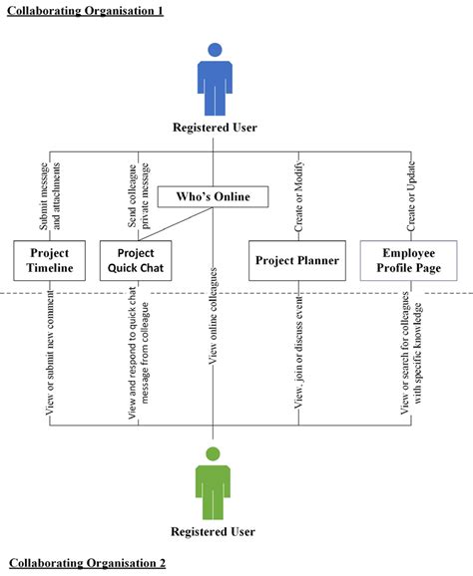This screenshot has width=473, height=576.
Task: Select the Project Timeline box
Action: [x=50, y=260]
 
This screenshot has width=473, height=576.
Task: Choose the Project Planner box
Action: [x=298, y=261]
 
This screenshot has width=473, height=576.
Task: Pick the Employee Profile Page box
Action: [x=401, y=260]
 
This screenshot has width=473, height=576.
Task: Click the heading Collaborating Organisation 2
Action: [x=87, y=563]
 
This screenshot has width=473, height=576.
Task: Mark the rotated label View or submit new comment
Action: [x=51, y=357]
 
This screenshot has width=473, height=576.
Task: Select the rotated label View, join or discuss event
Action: [x=298, y=357]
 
